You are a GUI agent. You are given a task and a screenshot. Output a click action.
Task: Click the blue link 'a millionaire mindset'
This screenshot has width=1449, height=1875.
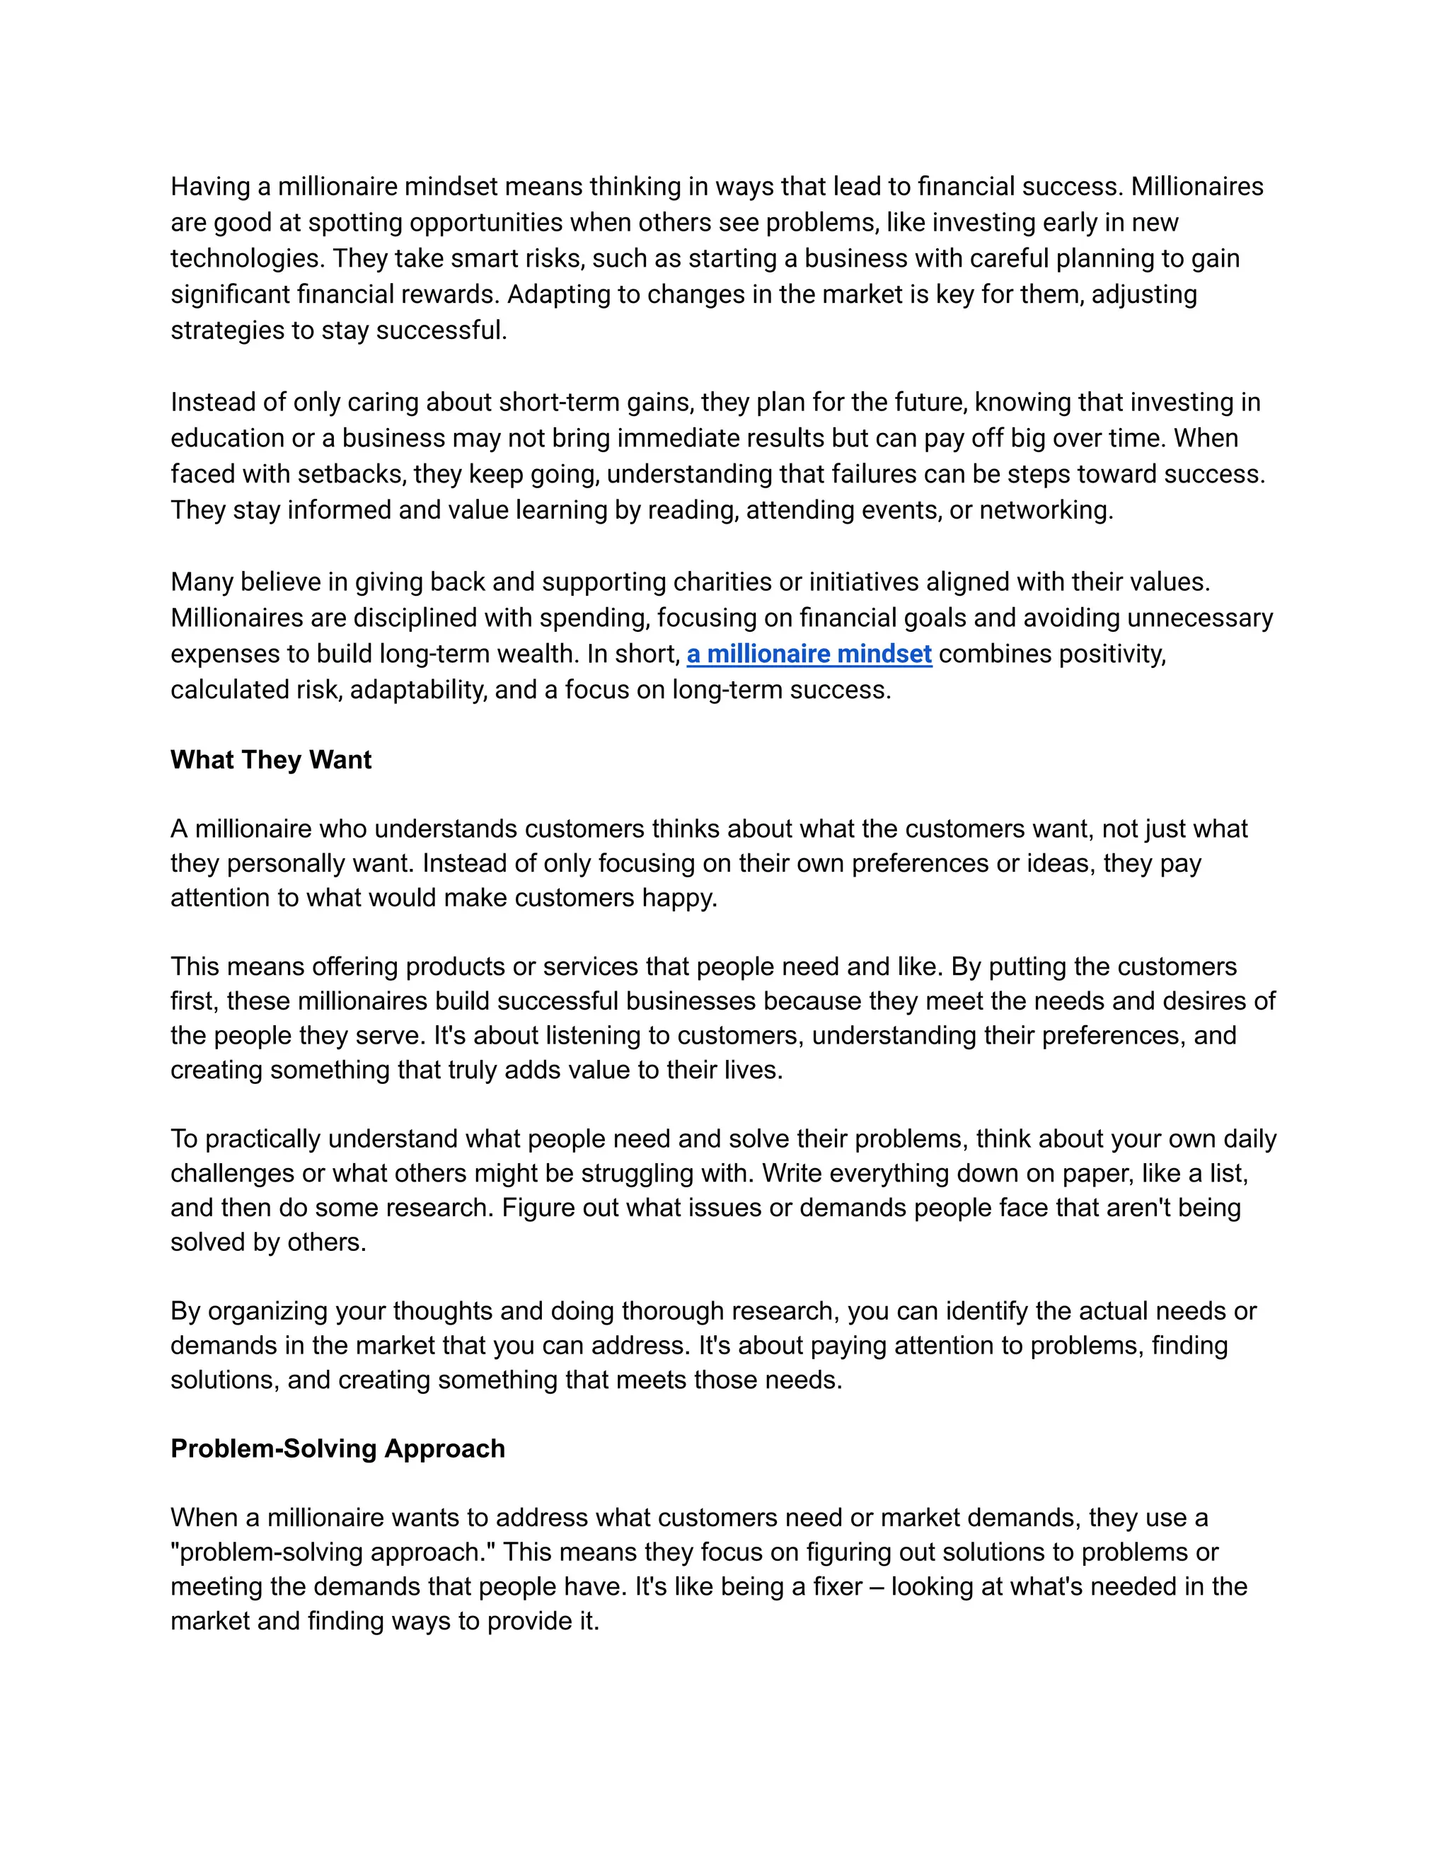point(809,654)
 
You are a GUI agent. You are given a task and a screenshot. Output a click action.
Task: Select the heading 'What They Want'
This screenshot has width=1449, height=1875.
point(270,760)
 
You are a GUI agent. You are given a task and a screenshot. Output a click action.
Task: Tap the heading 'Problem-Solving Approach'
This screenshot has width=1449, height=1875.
point(337,1448)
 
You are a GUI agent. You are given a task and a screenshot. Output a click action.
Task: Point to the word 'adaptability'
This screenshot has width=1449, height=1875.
point(418,691)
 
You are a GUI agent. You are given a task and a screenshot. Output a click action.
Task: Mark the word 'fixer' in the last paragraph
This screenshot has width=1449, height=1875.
point(837,1586)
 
